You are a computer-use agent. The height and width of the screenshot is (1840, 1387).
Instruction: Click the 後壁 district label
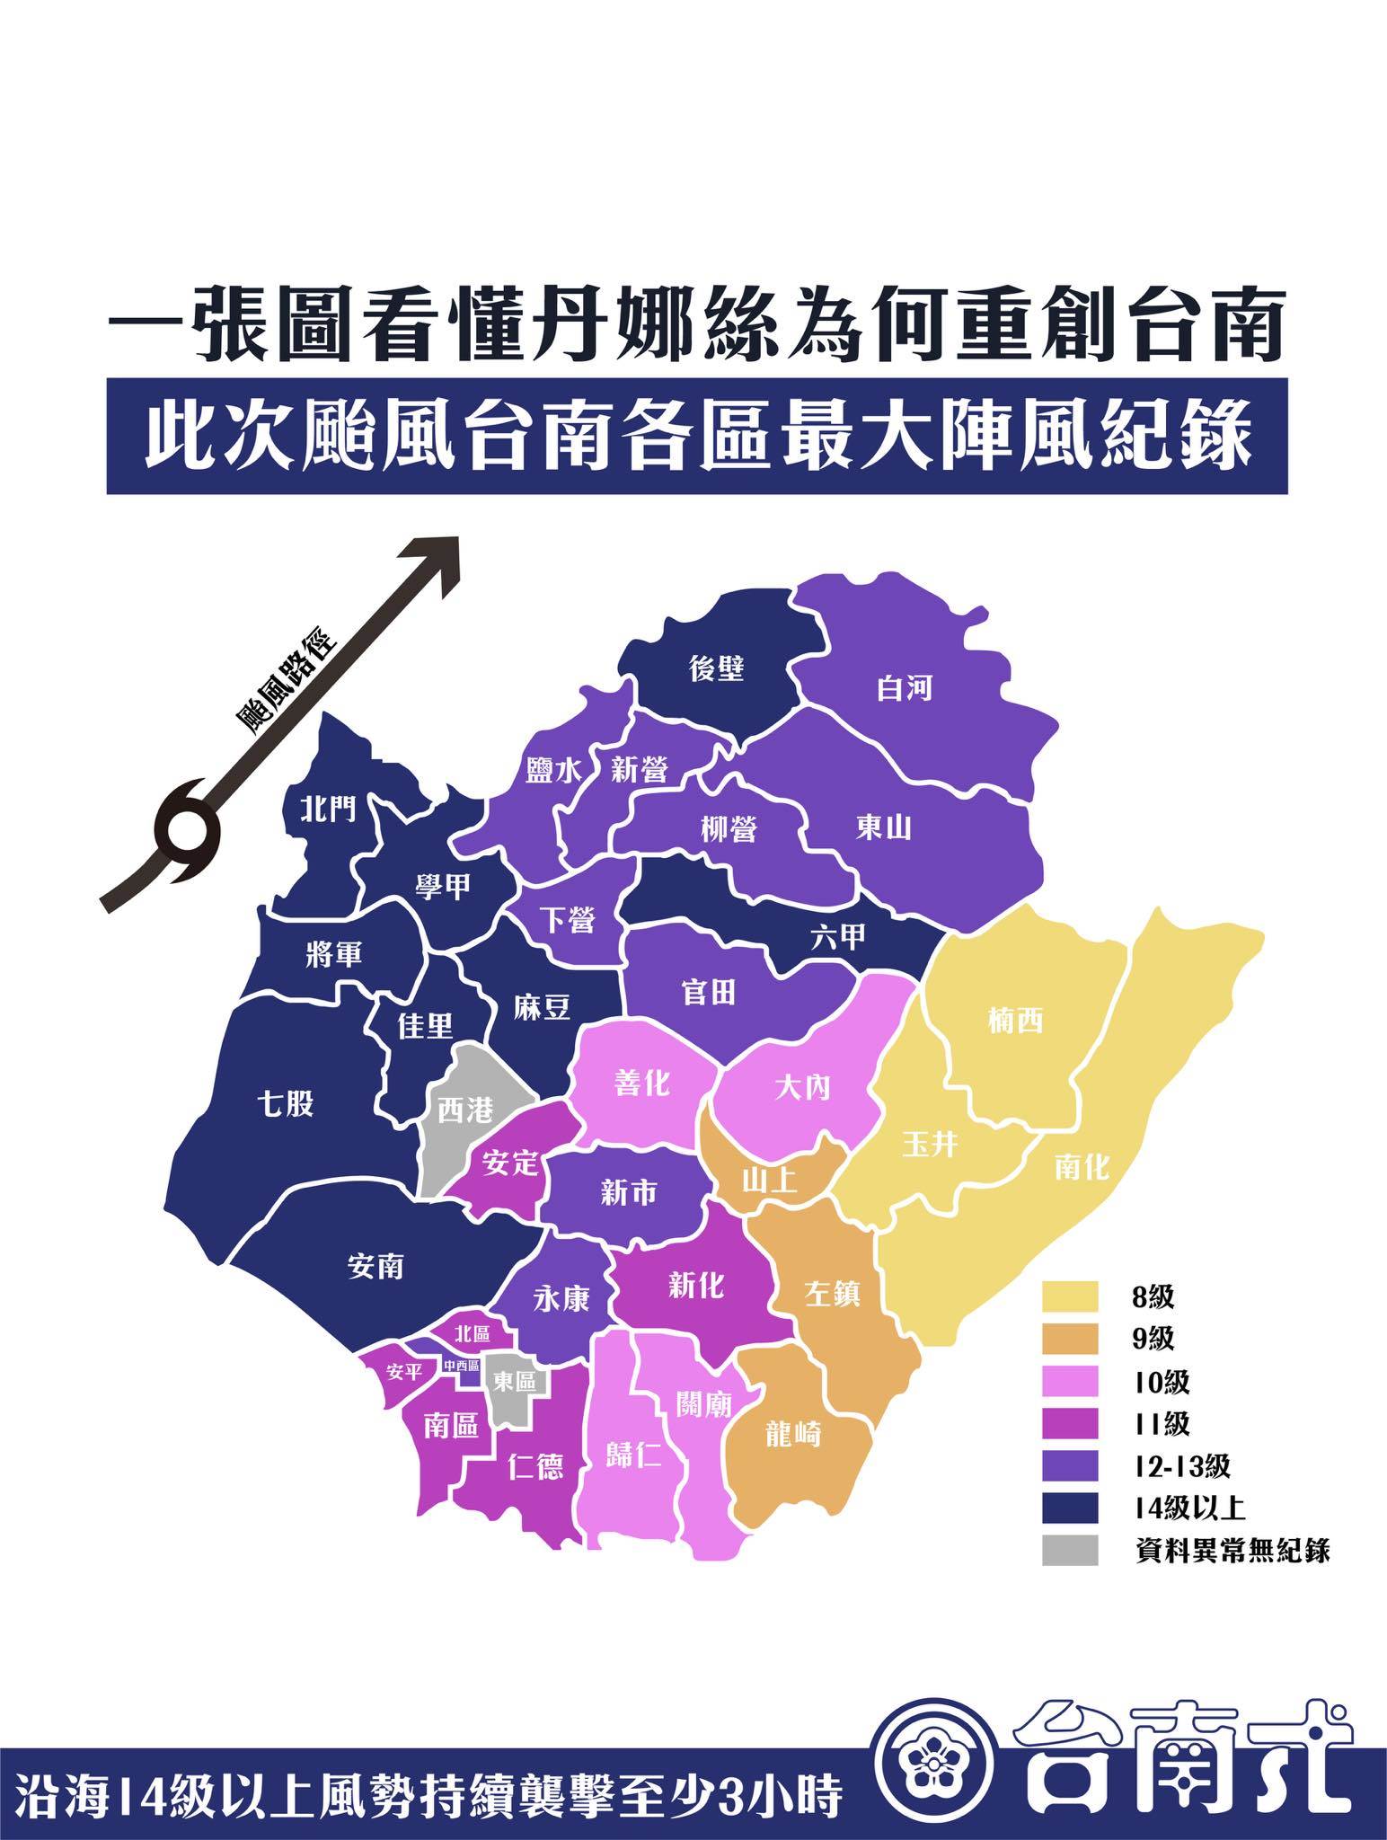click(x=717, y=668)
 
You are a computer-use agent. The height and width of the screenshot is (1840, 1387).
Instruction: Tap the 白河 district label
click(x=905, y=689)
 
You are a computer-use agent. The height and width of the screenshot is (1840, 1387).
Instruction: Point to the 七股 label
click(x=286, y=1103)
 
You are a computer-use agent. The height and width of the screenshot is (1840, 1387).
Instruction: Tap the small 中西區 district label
click(x=463, y=1367)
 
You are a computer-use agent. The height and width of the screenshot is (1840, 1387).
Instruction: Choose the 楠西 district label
click(x=1014, y=1021)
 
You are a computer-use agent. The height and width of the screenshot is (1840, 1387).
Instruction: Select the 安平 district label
click(x=403, y=1373)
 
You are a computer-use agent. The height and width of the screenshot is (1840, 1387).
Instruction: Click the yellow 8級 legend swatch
click(x=1070, y=1296)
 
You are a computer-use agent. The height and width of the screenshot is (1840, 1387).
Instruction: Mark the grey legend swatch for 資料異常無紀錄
click(x=1070, y=1552)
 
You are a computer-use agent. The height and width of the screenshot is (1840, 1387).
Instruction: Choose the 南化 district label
click(x=1081, y=1166)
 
